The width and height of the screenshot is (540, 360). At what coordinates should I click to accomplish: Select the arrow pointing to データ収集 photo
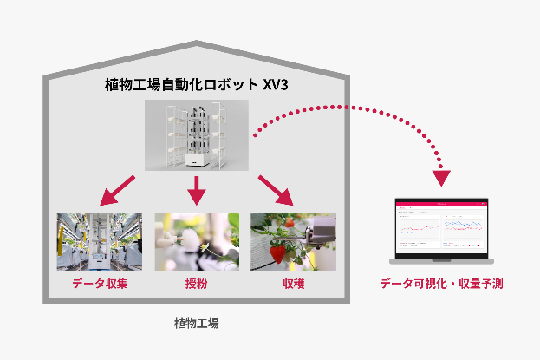coord(118,190)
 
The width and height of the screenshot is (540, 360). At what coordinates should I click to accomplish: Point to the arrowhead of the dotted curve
coord(442,179)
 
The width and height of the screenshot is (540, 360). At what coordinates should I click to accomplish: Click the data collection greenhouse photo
coord(99,241)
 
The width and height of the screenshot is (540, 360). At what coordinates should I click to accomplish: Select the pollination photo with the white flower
coord(196,241)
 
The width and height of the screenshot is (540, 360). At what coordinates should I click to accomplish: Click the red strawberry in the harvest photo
coord(278,254)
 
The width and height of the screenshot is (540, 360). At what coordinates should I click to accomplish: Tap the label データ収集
coord(99,284)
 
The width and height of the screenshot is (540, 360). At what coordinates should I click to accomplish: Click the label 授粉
coord(196,284)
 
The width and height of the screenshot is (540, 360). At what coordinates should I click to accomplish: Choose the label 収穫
coord(293,284)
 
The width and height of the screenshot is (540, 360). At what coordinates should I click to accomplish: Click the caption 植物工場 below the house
coord(196,324)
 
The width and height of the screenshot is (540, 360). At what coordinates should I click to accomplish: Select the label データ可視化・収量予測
coord(441,284)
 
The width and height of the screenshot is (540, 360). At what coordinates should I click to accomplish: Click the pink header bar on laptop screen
coord(441,203)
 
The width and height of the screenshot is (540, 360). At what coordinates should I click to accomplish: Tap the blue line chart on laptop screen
coord(466,227)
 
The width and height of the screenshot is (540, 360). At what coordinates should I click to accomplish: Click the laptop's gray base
coord(441,260)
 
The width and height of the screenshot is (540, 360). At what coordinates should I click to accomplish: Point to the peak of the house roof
coord(197,43)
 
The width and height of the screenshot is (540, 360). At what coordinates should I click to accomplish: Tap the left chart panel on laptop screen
coord(418,229)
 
